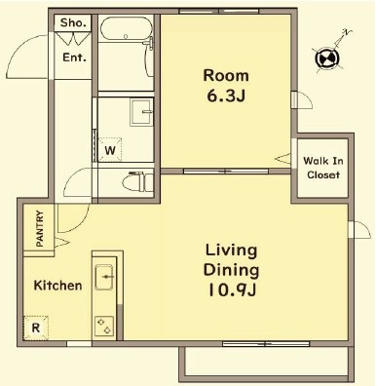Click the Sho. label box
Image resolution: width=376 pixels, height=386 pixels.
pyautogui.click(x=73, y=23)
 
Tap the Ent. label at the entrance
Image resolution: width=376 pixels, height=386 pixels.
pyautogui.click(x=75, y=58)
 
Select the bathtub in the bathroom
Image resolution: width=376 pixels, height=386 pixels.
pyautogui.click(x=127, y=28)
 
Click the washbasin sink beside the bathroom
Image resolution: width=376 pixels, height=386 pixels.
pyautogui.click(x=141, y=112)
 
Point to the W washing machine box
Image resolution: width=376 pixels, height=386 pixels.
pyautogui.click(x=110, y=150)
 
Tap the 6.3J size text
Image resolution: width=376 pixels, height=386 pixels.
pyautogui.click(x=226, y=96)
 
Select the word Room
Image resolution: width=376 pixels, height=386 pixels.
pyautogui.click(x=226, y=76)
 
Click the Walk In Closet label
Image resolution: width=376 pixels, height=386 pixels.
pyautogui.click(x=323, y=168)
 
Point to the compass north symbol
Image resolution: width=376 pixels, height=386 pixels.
pyautogui.click(x=327, y=58)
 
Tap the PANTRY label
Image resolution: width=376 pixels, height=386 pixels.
pyautogui.click(x=40, y=228)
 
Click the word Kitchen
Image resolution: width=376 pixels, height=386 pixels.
pyautogui.click(x=57, y=286)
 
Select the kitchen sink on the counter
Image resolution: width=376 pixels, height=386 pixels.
pyautogui.click(x=104, y=277)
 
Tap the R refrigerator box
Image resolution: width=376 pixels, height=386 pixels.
pyautogui.click(x=36, y=328)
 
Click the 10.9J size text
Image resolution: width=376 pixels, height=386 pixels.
pyautogui.click(x=232, y=290)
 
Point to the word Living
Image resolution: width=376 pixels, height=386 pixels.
pyautogui.click(x=231, y=251)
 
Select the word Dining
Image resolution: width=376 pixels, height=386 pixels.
pyautogui.click(x=231, y=270)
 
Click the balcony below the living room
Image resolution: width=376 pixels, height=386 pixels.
pyautogui.click(x=266, y=364)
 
